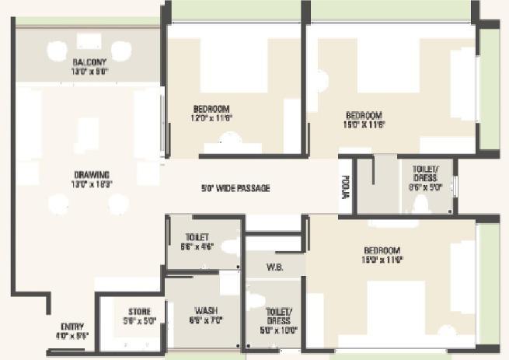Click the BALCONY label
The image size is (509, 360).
pyautogui.click(x=90, y=61)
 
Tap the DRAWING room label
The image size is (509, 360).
pyautogui.click(x=92, y=174)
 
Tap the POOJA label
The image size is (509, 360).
pyautogui.click(x=345, y=188)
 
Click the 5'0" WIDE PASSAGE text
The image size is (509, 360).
pyautogui.click(x=236, y=188)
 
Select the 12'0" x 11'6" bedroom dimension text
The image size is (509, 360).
pyautogui.click(x=212, y=117)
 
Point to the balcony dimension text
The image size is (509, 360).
pyautogui.click(x=90, y=71)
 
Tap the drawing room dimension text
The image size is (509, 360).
pyautogui.click(x=92, y=183)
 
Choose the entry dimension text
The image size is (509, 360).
pyautogui.click(x=71, y=336)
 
